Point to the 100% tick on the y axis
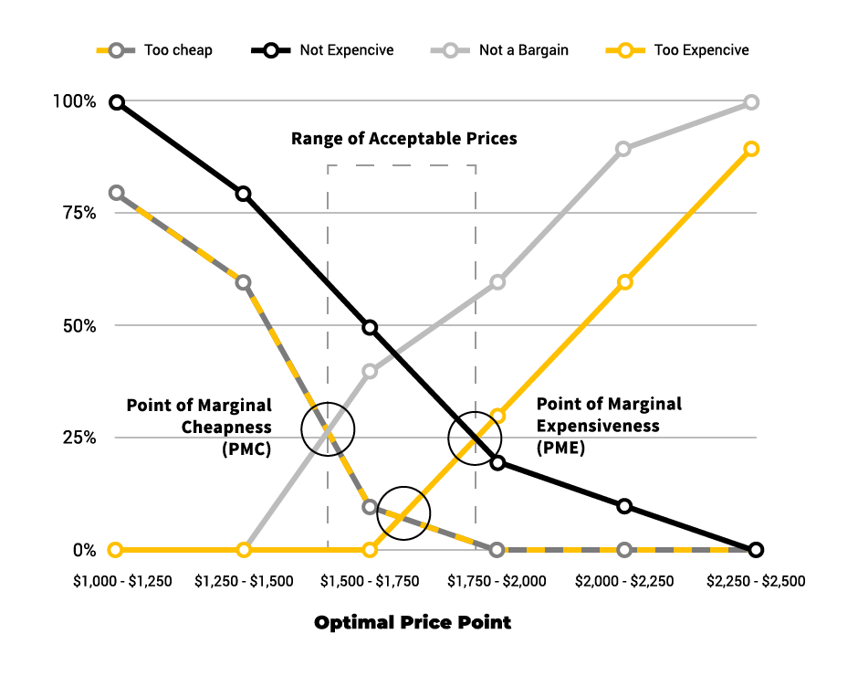(74, 101)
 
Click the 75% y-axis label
(78, 214)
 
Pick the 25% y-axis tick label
(78, 438)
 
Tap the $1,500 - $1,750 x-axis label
(370, 581)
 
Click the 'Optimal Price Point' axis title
(413, 623)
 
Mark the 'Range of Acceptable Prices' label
(404, 139)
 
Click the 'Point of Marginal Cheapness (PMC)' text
(199, 427)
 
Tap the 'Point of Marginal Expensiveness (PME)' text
(609, 426)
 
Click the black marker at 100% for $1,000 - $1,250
(116, 102)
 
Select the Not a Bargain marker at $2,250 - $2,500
(751, 102)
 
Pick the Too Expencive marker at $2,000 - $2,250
(624, 282)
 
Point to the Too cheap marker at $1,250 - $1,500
(243, 282)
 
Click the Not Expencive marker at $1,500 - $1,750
(370, 327)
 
